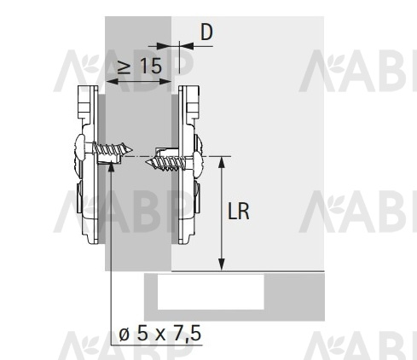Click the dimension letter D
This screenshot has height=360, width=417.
click(x=206, y=32)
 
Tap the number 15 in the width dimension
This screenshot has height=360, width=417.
click(x=151, y=66)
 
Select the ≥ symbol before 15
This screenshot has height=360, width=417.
click(x=125, y=67)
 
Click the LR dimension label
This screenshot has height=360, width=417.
click(x=239, y=212)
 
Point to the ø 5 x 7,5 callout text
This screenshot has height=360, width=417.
click(x=160, y=334)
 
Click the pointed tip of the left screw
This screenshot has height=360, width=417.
click(x=132, y=149)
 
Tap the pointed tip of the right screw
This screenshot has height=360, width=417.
click(x=146, y=163)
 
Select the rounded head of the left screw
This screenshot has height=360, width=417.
click(x=80, y=148)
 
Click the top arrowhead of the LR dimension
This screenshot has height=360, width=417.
click(x=222, y=161)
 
